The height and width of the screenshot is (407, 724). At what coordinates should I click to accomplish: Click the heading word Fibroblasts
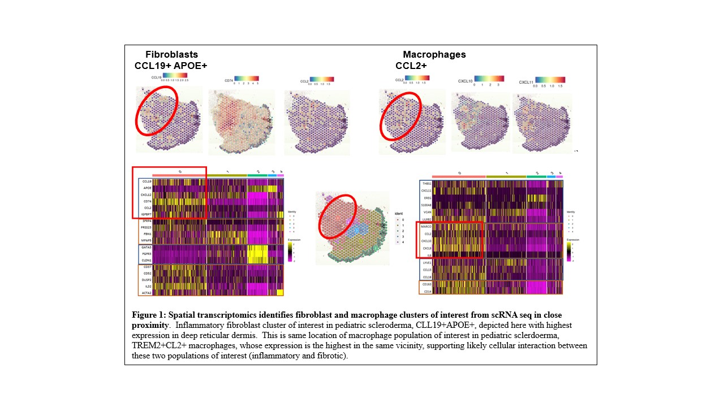click(x=171, y=55)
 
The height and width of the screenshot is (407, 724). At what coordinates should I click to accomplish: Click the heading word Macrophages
click(x=434, y=55)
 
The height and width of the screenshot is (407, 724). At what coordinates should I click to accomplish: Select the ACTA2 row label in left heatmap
click(x=146, y=293)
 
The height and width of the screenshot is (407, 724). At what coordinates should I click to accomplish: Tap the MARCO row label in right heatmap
click(x=426, y=227)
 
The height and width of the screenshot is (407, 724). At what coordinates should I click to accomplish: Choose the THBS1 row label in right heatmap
click(x=426, y=183)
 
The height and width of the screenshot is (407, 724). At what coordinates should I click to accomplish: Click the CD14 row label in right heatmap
click(x=426, y=291)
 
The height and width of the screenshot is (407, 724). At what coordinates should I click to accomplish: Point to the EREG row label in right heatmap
click(x=426, y=197)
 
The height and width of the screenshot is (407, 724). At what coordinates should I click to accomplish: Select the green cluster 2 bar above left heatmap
click(x=257, y=175)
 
